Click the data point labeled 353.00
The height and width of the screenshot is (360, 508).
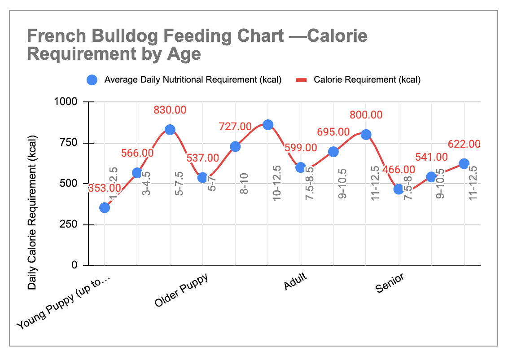point(105,207)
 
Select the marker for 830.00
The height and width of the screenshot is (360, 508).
point(170,130)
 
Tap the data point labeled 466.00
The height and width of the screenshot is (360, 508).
point(399,189)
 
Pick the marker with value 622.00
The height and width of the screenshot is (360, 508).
point(464,163)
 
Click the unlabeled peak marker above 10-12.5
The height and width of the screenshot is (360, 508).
point(268,125)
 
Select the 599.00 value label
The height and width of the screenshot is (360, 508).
point(301,148)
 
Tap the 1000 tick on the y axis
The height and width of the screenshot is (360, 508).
point(66,102)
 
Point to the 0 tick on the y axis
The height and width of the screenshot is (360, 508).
point(75,265)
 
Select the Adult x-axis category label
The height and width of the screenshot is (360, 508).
point(295,281)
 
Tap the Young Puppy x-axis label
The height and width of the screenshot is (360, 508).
point(64,303)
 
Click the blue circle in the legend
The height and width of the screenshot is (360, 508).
point(92,80)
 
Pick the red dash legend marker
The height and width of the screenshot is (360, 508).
point(302,80)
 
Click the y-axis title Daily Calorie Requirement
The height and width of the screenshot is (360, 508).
point(32,211)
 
